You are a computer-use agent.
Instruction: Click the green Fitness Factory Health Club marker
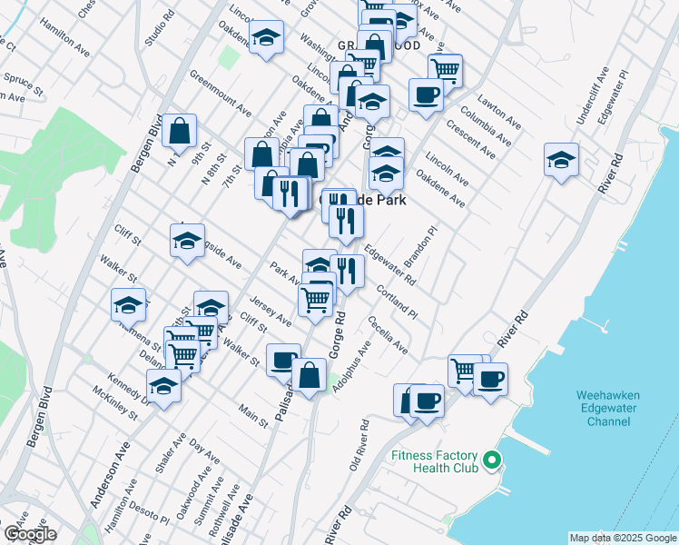click(492, 462)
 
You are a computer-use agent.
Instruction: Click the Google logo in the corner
click(30, 534)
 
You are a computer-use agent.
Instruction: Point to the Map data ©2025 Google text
click(622, 538)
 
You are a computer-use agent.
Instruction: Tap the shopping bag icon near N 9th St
click(182, 131)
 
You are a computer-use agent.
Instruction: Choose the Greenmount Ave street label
click(221, 94)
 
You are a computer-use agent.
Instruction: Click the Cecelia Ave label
click(388, 335)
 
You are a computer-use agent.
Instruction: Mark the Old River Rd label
click(359, 445)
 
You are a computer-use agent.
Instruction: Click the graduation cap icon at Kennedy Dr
click(163, 385)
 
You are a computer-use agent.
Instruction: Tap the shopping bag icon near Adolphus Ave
click(309, 376)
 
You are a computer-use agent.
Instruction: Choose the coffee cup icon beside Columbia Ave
click(426, 94)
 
